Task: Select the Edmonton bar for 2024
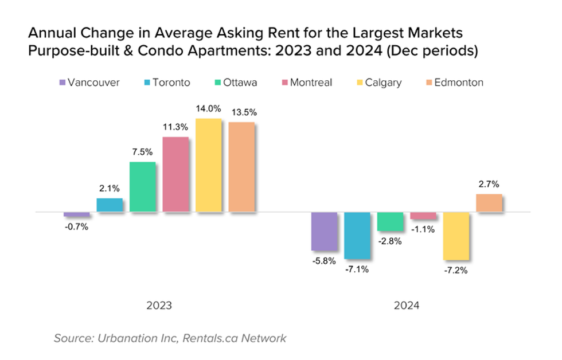[489, 204]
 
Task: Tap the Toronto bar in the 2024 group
[357, 235]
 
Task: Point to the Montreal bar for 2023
[175, 175]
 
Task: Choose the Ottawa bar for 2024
[391, 222]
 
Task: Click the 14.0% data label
[208, 109]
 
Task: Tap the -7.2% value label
[456, 270]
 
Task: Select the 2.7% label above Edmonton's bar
[489, 185]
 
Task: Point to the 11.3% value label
[175, 127]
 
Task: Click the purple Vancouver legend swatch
[62, 83]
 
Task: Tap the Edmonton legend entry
[452, 83]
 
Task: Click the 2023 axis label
[159, 306]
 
